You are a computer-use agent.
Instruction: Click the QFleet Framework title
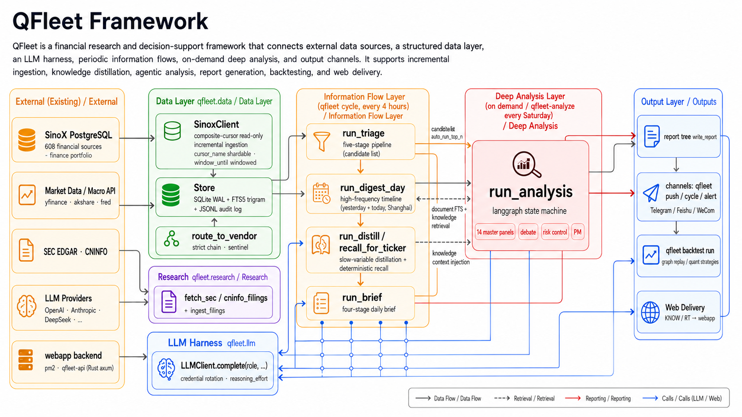(110, 21)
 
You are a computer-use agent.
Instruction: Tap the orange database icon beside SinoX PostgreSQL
(27, 140)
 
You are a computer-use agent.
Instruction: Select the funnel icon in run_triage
(321, 141)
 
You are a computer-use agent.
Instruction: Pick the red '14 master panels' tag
(495, 232)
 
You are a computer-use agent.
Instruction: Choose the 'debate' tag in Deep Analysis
(528, 232)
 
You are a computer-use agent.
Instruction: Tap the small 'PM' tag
(577, 232)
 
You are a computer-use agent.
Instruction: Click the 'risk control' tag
(555, 232)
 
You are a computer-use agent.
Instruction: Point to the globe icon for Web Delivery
(650, 312)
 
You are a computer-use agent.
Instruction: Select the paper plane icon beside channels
(651, 193)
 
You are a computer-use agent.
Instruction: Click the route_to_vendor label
(224, 236)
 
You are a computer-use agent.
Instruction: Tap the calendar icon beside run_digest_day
(321, 193)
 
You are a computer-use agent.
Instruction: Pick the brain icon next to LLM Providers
(27, 306)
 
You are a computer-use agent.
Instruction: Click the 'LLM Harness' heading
(195, 343)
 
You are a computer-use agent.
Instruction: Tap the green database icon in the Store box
(171, 195)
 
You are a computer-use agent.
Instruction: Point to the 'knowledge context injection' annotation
(451, 257)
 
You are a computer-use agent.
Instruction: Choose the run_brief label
(362, 298)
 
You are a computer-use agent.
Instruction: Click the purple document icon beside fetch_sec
(169, 302)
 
